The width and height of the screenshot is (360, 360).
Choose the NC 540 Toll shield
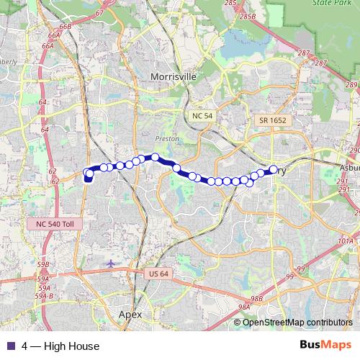[54, 224]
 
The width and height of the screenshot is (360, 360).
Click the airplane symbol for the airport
[110, 264]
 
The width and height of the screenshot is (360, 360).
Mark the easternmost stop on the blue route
[273, 170]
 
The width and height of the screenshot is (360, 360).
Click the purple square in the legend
[10, 346]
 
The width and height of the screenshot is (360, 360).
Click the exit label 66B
[66, 27]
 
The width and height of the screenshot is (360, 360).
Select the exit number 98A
[243, 307]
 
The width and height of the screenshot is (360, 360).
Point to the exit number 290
[354, 150]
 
